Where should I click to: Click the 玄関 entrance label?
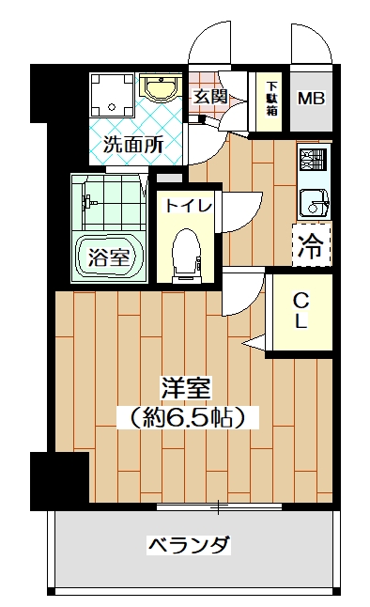209,97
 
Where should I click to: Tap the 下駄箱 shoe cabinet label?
272,99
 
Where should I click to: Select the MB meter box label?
311,99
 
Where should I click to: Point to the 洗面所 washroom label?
133,145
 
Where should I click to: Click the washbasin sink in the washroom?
161,87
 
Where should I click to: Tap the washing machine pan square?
113,95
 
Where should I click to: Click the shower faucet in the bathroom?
88,202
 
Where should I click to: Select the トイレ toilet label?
189,205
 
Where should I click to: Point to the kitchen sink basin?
314,203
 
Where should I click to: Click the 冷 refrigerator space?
312,245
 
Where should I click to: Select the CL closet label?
301,310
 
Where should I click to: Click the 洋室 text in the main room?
187,388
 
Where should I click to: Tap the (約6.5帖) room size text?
188,417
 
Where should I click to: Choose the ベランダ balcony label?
190,545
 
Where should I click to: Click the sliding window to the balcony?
219,506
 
